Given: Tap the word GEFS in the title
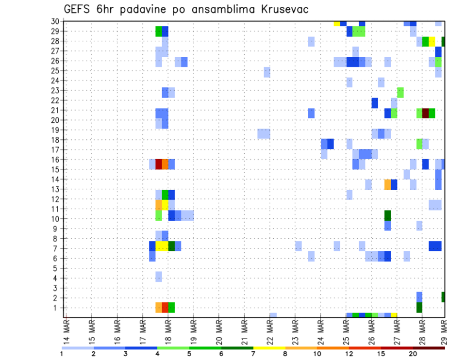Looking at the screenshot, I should [78, 9].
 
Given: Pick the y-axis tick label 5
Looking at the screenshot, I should [57, 268].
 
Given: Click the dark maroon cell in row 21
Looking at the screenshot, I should [426, 113].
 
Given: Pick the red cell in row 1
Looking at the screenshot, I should [165, 308].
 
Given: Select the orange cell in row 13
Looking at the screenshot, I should [387, 184].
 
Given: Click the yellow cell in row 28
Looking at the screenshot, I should [432, 41].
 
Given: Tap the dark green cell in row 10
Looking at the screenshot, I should [387, 215].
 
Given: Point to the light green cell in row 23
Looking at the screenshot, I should [400, 92].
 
